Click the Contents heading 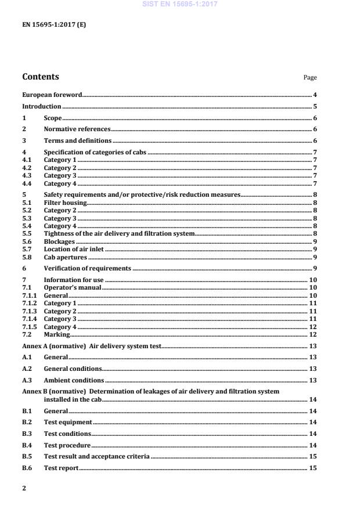point(40,77)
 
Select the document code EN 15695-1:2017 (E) point(54,25)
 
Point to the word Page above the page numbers point(310,78)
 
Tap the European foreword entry point(52,95)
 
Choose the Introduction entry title point(42,106)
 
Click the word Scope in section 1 point(53,118)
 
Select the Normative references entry point(77,129)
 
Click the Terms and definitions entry point(78,141)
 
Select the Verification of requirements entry point(87,268)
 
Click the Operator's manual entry point(73,287)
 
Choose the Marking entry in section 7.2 point(57,334)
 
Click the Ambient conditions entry point(74,380)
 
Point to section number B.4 point(27,445)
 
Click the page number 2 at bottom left point(24,488)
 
